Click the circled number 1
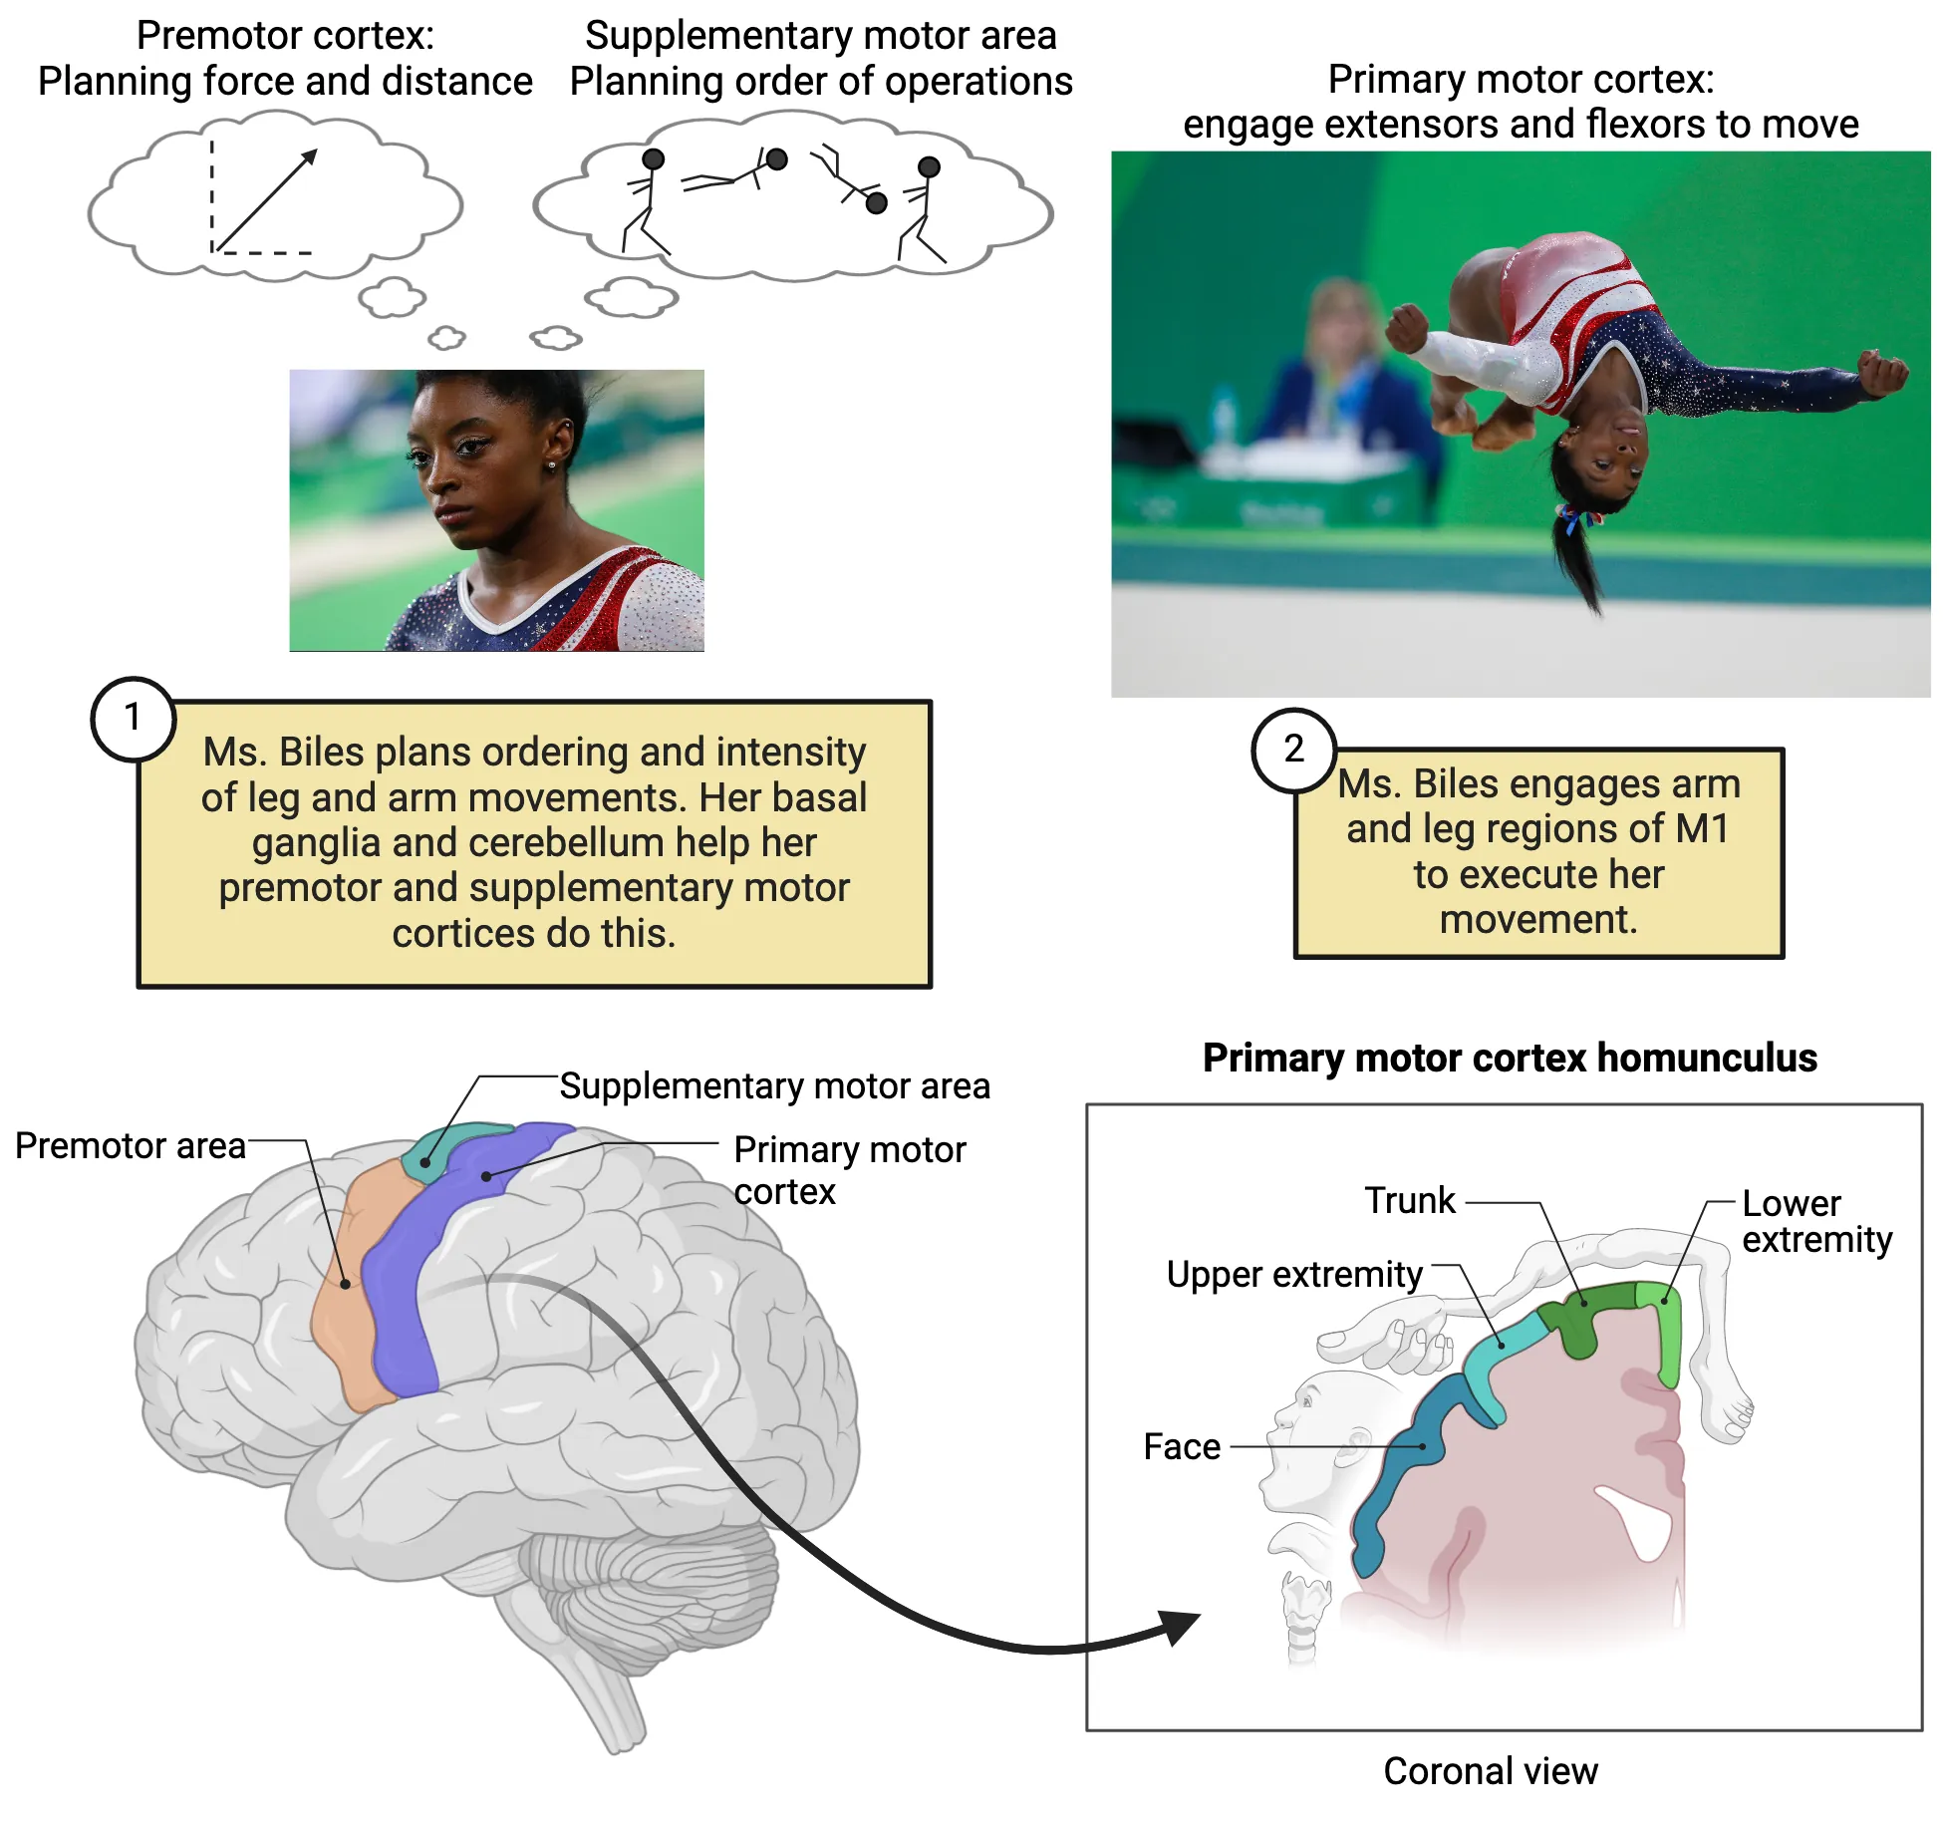tap(133, 719)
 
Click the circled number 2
tap(1293, 750)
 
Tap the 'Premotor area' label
tap(130, 1146)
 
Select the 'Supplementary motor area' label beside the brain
tap(774, 1085)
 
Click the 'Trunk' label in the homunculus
tap(1409, 1201)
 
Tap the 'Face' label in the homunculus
tap(1182, 1446)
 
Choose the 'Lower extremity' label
tap(1815, 1221)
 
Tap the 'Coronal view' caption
tap(1490, 1771)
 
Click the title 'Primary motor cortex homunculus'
tap(1509, 1058)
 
